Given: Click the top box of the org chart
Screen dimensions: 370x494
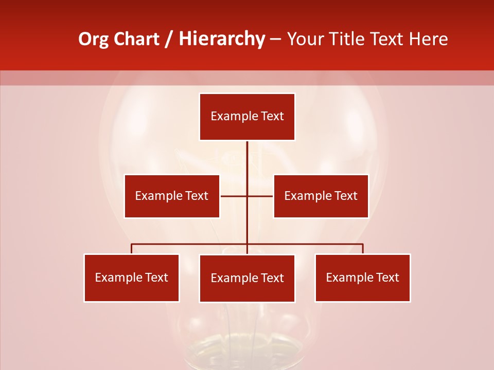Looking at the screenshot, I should click(247, 117).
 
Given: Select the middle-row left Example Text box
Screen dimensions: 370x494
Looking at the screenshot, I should click(172, 196).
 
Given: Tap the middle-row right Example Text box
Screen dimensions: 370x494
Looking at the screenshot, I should click(321, 196).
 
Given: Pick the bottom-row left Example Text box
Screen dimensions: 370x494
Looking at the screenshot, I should click(131, 277).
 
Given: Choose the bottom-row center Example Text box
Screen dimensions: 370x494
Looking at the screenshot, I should click(247, 278).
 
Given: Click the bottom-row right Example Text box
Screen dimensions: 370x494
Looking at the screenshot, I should click(362, 277).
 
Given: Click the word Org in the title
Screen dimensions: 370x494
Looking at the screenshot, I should click(93, 39).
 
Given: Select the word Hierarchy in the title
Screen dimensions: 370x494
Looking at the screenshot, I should click(221, 39).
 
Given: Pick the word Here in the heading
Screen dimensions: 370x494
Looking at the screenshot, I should click(428, 39).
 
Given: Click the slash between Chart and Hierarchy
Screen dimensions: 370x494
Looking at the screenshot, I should click(169, 39).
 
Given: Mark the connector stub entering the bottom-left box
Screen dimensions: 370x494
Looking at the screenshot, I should click(131, 249).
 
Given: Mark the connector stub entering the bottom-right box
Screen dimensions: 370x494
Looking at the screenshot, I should click(363, 249).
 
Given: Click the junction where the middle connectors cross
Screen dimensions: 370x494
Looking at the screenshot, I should click(247, 196).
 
